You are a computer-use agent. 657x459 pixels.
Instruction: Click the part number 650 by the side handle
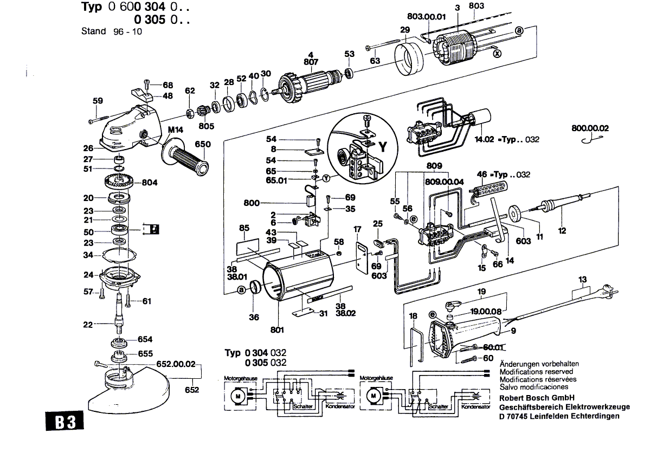203,145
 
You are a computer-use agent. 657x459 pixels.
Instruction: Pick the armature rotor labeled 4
310,84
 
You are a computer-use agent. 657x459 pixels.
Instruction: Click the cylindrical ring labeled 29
410,59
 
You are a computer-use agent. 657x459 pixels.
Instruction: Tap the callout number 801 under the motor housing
277,329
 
